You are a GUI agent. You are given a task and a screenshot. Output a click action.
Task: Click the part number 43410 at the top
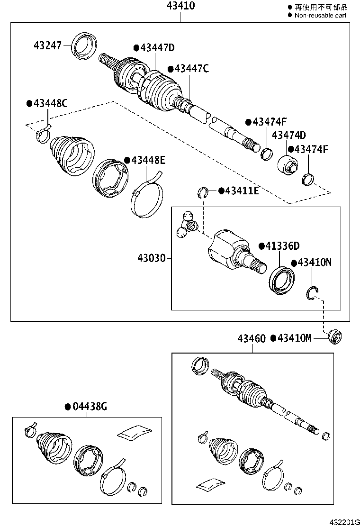pyautogui.click(x=180, y=6)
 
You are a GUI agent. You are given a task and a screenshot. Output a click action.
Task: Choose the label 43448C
pyautogui.click(x=49, y=103)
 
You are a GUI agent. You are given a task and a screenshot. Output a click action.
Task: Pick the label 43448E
pyautogui.click(x=147, y=160)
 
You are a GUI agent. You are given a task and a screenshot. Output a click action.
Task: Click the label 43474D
pyautogui.click(x=288, y=135)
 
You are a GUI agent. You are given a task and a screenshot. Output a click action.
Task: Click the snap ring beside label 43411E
pyautogui.click(x=203, y=192)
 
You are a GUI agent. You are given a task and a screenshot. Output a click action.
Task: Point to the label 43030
pyautogui.click(x=152, y=258)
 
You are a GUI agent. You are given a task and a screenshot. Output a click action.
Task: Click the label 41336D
pyautogui.click(x=282, y=246)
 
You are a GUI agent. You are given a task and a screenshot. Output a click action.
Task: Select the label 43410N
pyautogui.click(x=314, y=263)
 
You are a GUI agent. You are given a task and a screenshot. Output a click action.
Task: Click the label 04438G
pyautogui.click(x=89, y=406)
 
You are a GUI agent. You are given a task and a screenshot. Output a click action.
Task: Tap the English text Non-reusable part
pyautogui.click(x=320, y=15)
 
